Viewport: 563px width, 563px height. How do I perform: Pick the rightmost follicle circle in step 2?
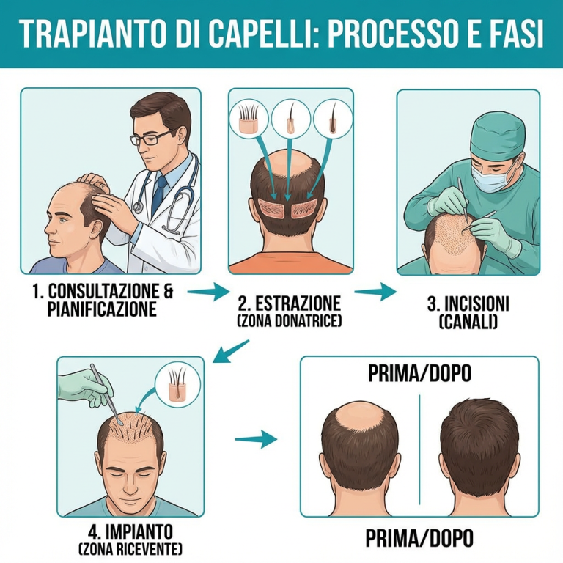point(330,118)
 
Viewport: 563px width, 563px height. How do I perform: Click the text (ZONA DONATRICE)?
point(290,321)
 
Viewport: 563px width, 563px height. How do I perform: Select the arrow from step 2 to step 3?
point(375,292)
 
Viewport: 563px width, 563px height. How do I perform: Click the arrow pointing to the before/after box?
point(256,440)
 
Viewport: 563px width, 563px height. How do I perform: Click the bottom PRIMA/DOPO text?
point(419,539)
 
